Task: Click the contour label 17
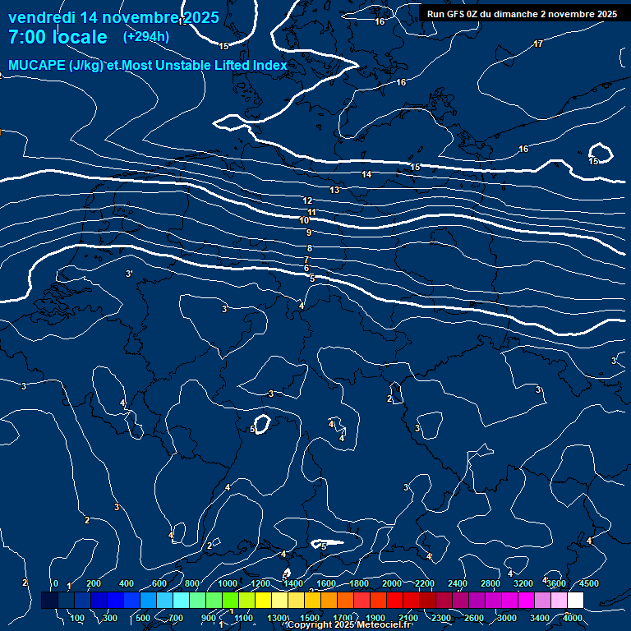[538, 44]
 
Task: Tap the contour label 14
[366, 175]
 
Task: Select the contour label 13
[334, 191]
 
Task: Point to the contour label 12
[307, 201]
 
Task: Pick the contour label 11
[311, 213]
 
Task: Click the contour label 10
[304, 221]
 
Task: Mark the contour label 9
[309, 233]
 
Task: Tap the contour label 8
[310, 249]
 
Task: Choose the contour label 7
[306, 260]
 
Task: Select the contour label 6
[306, 269]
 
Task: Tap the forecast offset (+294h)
[146, 37]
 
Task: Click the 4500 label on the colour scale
[588, 583]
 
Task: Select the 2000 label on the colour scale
[392, 583]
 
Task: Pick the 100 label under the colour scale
[78, 618]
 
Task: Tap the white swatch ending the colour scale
[575, 601]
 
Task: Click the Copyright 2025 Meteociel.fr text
[349, 625]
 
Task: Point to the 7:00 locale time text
[58, 37]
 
